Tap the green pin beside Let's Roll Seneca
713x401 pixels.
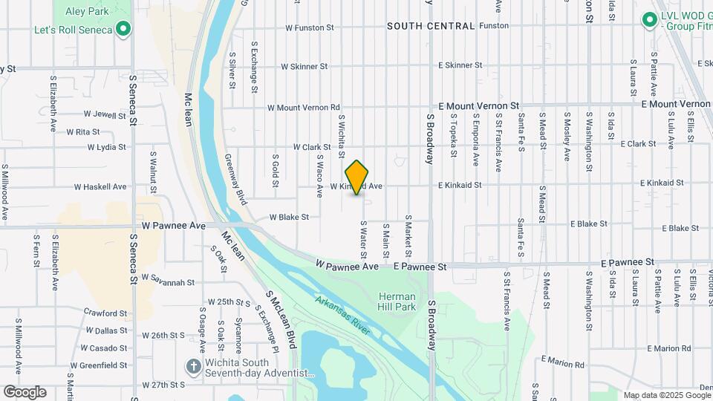pos(124,30)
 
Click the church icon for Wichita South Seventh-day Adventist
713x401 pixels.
pos(193,366)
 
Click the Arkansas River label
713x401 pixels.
pos(342,315)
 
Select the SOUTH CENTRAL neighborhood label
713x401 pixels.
pos(431,26)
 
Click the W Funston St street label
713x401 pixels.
pos(310,28)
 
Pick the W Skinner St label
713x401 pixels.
pos(303,67)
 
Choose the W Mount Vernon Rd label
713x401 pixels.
pos(303,108)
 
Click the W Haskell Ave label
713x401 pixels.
pos(100,187)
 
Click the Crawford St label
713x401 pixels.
pos(105,313)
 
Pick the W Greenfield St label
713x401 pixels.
pos(100,365)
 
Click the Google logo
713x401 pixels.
pos(25,392)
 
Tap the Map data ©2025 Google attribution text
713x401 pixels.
pos(667,395)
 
